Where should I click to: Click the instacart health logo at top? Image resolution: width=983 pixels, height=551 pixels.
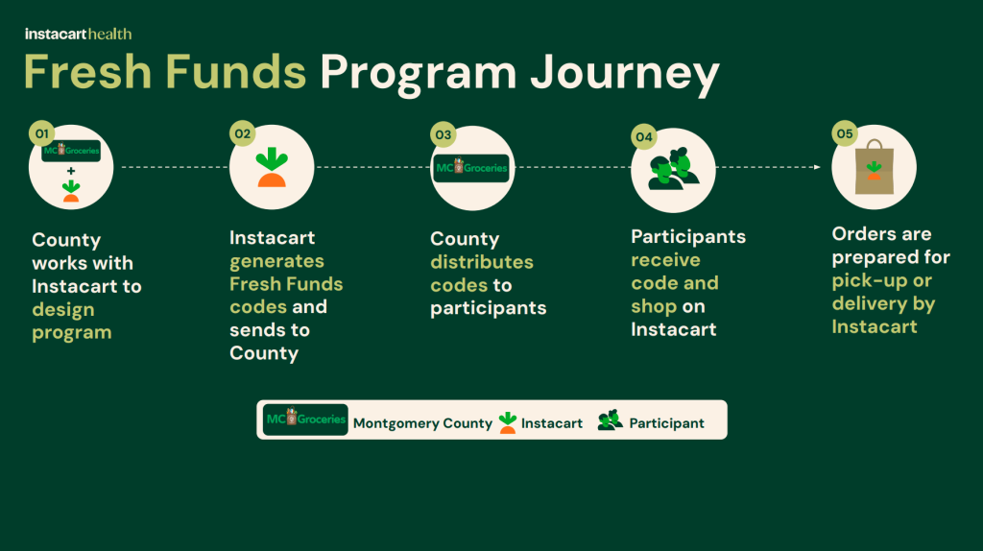78,34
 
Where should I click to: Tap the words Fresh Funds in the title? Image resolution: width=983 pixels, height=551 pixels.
165,75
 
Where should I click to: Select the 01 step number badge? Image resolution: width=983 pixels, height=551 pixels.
40,133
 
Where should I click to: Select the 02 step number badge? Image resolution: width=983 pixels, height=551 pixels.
242,133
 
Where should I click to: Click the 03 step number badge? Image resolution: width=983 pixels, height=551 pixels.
443,133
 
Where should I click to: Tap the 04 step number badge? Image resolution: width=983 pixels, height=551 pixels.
643,137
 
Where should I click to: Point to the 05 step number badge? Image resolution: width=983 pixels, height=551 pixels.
845,133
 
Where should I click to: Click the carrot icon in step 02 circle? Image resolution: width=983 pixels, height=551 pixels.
272,168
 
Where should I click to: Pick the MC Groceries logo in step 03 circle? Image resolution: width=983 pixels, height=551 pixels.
471,168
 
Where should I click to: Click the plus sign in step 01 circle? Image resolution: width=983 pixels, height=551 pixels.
71,171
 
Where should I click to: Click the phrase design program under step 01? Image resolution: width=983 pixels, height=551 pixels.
72,322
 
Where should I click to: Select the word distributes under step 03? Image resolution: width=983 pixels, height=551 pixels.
482,262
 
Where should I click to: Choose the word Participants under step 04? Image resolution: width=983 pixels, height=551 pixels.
688,236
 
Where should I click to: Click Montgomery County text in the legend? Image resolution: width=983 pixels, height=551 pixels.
422,423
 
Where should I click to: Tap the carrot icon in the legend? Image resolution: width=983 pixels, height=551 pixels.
508,421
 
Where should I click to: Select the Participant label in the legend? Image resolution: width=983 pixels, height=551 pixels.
666,423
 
